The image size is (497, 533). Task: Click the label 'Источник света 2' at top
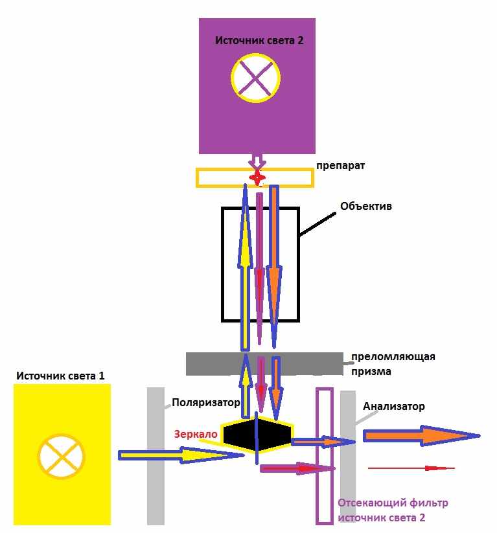click(259, 40)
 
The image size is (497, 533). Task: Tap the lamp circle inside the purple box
click(255, 54)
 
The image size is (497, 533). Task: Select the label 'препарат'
click(341, 166)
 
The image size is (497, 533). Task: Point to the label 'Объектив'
click(366, 206)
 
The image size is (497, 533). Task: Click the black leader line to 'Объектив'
click(318, 224)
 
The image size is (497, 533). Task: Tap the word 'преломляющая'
click(393, 357)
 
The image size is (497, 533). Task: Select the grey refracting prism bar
click(264, 364)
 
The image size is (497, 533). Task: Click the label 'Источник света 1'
click(60, 376)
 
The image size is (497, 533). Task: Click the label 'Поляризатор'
click(206, 402)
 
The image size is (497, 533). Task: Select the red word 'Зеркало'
click(196, 434)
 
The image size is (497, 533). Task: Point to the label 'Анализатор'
click(393, 406)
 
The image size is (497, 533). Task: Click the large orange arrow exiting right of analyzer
click(421, 435)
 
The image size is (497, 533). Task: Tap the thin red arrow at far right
click(411, 468)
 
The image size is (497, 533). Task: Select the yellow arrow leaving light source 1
click(181, 455)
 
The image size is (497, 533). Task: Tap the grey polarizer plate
click(156, 455)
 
